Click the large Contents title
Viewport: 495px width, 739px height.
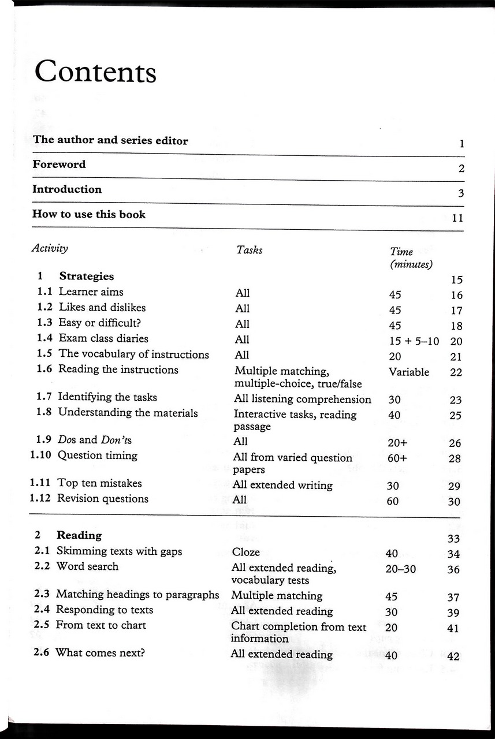95,72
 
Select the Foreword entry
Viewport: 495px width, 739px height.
59,165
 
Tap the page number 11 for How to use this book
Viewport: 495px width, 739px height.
457,218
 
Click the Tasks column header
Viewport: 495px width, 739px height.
250,250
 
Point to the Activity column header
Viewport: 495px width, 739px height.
50,249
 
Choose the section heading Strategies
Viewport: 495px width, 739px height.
87,277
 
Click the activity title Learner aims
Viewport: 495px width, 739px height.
91,292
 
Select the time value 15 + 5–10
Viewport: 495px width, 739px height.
414,341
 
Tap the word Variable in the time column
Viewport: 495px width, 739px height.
409,372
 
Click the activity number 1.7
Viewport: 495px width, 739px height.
44,397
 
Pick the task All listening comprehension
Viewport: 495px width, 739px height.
303,399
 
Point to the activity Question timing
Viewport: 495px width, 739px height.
97,456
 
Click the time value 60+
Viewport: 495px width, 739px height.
397,458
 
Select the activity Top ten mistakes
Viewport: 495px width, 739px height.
99,483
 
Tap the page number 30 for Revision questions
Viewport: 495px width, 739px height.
454,502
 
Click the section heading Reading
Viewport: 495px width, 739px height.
79,536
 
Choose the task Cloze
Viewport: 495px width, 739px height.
246,553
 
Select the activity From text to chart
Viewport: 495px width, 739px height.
101,625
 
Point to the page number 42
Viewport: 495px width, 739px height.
453,656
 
